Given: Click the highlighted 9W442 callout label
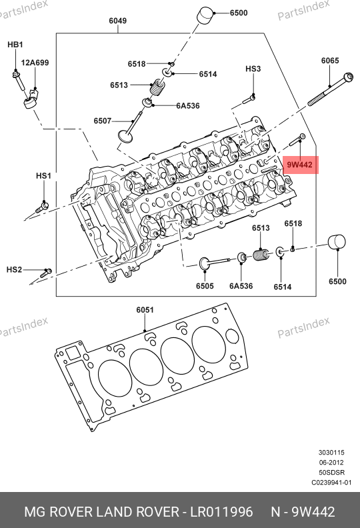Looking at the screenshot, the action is [300, 165].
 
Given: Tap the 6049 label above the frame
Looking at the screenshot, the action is [117, 21].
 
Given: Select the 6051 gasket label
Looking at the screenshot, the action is [145, 310].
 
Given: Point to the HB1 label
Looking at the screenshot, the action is [15, 45].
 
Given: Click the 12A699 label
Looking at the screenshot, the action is [35, 63].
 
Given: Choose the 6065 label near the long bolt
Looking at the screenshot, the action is [330, 61].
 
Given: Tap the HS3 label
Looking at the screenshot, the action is [253, 69].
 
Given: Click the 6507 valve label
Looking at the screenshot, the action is [103, 121].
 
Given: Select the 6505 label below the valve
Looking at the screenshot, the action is [205, 286].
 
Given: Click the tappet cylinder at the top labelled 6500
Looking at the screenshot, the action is [205, 15].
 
